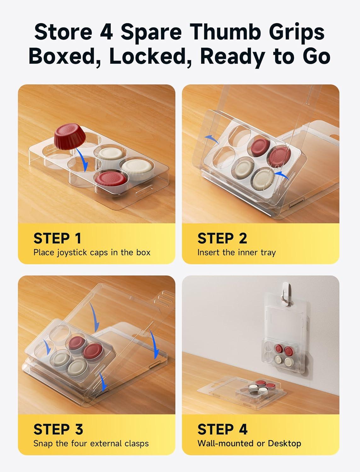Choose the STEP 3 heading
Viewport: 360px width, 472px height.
(x=58, y=429)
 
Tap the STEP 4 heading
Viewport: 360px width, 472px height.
(x=222, y=429)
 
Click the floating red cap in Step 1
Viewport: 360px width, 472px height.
(x=70, y=136)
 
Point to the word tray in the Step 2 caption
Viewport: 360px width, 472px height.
(x=268, y=253)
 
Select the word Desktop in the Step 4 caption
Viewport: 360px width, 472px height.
(x=284, y=443)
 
